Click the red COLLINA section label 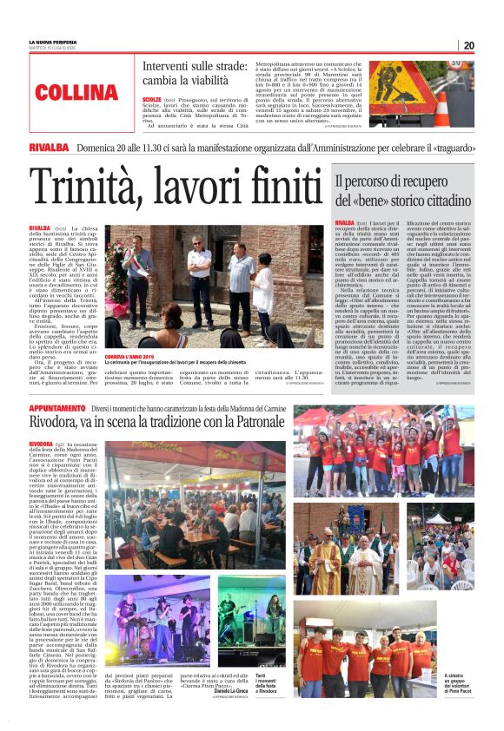tap(77, 92)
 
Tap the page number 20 tap(468, 45)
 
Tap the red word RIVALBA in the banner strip tap(49, 148)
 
